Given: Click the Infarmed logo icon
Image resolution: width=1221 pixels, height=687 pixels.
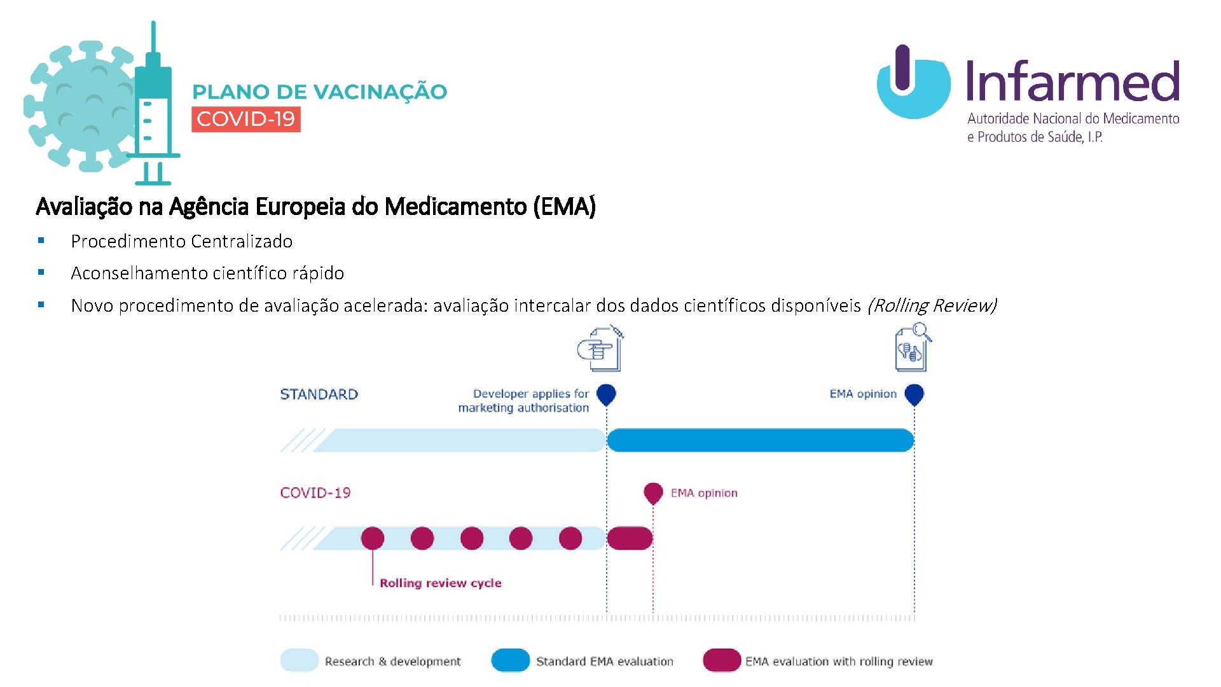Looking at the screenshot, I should [x=913, y=83].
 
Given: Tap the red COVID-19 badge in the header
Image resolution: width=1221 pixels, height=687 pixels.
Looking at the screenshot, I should [x=245, y=119].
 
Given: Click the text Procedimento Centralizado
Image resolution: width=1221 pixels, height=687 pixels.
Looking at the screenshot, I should [x=181, y=241].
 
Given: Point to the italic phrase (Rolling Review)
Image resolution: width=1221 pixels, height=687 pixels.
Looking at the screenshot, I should [x=931, y=305].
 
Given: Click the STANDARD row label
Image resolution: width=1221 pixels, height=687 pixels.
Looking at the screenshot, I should [x=319, y=394].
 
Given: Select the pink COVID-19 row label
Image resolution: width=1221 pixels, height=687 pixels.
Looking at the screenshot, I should [x=315, y=493].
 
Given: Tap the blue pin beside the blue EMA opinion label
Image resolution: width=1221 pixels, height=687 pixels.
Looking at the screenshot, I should [x=914, y=394].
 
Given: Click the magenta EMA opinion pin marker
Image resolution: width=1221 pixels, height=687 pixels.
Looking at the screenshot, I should [x=653, y=492].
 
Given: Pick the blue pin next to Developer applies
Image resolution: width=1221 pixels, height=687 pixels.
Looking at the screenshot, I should [x=606, y=394].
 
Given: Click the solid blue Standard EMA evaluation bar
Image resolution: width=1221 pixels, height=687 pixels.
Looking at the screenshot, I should [x=760, y=440].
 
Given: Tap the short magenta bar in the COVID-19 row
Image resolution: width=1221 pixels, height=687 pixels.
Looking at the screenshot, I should [x=630, y=538].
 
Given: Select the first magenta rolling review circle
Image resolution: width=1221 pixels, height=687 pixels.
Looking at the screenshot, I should [x=373, y=538].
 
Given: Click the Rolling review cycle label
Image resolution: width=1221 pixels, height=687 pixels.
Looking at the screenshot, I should [x=440, y=583].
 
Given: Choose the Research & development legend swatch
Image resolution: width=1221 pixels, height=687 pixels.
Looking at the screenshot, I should [x=299, y=660].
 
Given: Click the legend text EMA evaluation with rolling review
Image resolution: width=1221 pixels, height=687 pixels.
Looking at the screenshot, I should [x=838, y=662].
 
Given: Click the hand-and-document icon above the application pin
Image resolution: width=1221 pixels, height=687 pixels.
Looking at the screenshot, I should [x=600, y=349].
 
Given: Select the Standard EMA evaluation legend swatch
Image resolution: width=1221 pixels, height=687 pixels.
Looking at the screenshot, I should [x=510, y=660].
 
